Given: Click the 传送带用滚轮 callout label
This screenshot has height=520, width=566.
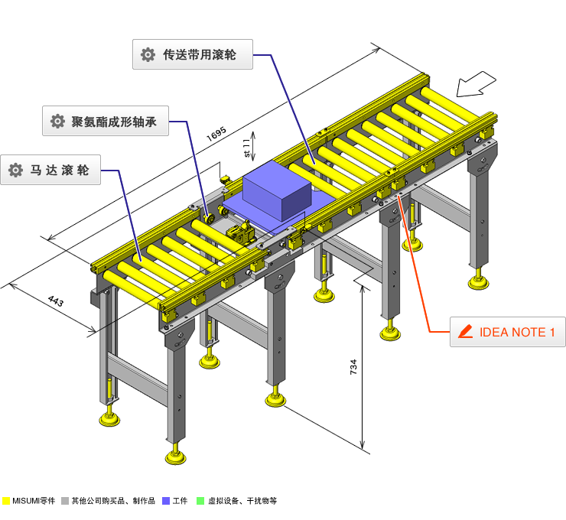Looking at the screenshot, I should [192, 55].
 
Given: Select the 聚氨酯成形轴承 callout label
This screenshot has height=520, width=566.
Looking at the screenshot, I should [105, 122].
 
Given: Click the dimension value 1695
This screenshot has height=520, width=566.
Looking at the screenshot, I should [216, 134].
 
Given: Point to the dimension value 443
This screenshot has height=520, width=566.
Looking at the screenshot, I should [55, 301].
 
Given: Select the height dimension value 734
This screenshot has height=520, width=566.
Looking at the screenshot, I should [353, 367].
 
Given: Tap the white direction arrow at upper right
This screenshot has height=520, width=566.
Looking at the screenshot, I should [478, 83].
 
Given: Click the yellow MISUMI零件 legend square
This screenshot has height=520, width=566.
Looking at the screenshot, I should [7, 501].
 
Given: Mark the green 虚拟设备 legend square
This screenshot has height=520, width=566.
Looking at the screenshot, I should [200, 501].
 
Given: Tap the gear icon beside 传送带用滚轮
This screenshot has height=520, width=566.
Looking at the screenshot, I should [148, 55].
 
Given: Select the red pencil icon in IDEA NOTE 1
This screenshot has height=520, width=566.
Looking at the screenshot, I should [464, 332].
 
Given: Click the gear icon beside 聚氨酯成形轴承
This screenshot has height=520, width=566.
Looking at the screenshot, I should [57, 122].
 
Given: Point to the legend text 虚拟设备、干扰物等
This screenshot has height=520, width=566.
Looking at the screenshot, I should [242, 501].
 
